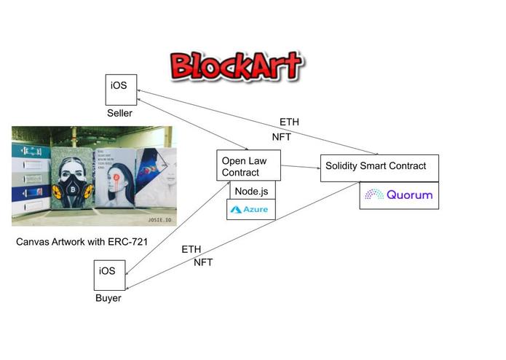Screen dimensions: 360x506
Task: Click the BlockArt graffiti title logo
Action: [x=236, y=65]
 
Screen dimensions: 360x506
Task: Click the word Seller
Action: [x=120, y=113]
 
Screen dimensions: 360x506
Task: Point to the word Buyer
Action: [x=108, y=298]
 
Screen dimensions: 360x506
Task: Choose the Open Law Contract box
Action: [x=248, y=166]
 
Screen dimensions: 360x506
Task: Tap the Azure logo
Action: [x=250, y=210]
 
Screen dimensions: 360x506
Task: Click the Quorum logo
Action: [x=398, y=195]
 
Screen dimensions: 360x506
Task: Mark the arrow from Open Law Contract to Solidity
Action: [x=300, y=167]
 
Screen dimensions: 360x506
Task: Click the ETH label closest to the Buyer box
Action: [x=191, y=249]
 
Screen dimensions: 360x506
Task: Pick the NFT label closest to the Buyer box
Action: [x=203, y=262]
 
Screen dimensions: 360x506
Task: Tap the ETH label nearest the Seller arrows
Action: [x=289, y=122]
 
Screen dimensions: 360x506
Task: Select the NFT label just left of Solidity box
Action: [x=282, y=136]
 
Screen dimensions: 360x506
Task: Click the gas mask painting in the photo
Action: [x=71, y=181]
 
